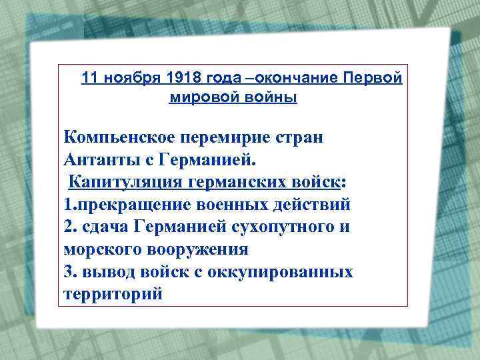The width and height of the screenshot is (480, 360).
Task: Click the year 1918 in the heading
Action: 186,79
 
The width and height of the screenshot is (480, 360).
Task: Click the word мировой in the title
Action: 200,97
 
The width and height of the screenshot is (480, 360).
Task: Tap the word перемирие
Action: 227,138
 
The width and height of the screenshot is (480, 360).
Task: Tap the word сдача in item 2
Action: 107,227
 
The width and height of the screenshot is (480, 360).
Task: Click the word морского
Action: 97,250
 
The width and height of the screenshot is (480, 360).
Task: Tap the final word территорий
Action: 113,294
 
